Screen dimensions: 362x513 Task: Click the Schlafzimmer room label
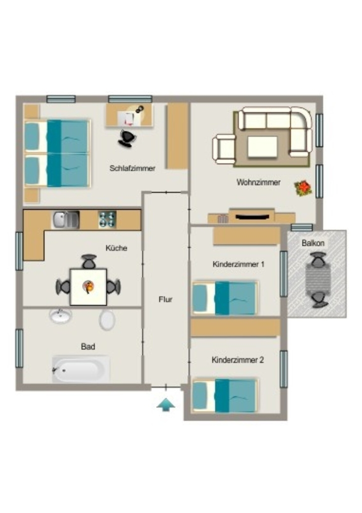[132, 168]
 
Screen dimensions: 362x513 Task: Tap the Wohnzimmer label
[258, 182]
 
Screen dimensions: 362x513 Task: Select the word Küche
[116, 248]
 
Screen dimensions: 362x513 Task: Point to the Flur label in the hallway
[165, 300]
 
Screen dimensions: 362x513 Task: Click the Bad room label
[88, 347]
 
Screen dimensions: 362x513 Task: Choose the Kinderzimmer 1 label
[238, 265]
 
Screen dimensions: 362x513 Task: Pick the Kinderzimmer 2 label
[237, 360]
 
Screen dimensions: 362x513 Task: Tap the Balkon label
[312, 243]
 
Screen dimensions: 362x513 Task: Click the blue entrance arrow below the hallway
[166, 404]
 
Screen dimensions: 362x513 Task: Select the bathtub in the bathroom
[80, 369]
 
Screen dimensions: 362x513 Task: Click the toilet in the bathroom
[107, 320]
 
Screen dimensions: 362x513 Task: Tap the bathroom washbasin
[60, 316]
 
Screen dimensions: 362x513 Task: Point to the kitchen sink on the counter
[65, 219]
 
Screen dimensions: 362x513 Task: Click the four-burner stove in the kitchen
[107, 219]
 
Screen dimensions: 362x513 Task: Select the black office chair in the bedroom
[126, 138]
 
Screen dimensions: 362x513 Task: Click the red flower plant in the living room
[303, 188]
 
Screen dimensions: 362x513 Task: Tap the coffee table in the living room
[262, 147]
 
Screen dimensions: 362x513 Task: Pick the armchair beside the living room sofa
[224, 149]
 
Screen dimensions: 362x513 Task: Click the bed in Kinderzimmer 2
[224, 395]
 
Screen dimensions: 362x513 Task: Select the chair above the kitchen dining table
[89, 262]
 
